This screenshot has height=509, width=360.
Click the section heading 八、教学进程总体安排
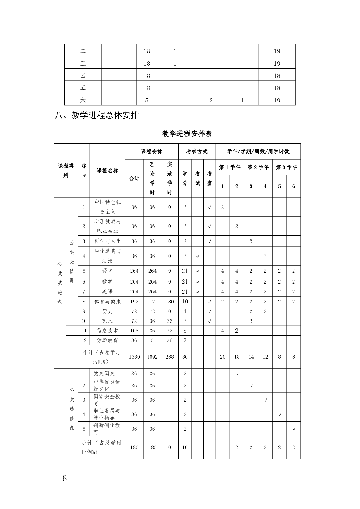tap(97, 115)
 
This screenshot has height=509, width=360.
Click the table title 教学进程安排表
tap(187, 134)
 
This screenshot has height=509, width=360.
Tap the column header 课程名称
tap(107, 170)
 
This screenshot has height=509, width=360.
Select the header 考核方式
tap(197, 151)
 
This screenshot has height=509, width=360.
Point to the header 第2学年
tap(258, 167)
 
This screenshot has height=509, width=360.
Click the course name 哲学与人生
tap(107, 241)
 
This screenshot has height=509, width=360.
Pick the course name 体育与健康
tap(107, 301)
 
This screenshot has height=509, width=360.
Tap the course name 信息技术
tap(107, 331)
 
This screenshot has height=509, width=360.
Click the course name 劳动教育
tap(107, 340)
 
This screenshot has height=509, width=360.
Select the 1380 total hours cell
tap(134, 357)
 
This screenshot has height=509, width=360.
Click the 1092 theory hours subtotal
tap(152, 357)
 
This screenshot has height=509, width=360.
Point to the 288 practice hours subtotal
tap(170, 357)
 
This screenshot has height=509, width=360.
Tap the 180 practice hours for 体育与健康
tap(170, 301)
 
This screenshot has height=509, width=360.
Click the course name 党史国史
tap(104, 374)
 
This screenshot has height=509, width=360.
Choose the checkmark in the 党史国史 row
tap(237, 374)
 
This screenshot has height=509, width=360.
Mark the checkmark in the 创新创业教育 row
tap(294, 429)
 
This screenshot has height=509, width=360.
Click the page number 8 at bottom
tap(64, 478)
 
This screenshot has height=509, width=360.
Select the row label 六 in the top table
tap(83, 100)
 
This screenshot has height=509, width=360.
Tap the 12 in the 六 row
tap(209, 100)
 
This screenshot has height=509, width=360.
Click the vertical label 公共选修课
tap(72, 409)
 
